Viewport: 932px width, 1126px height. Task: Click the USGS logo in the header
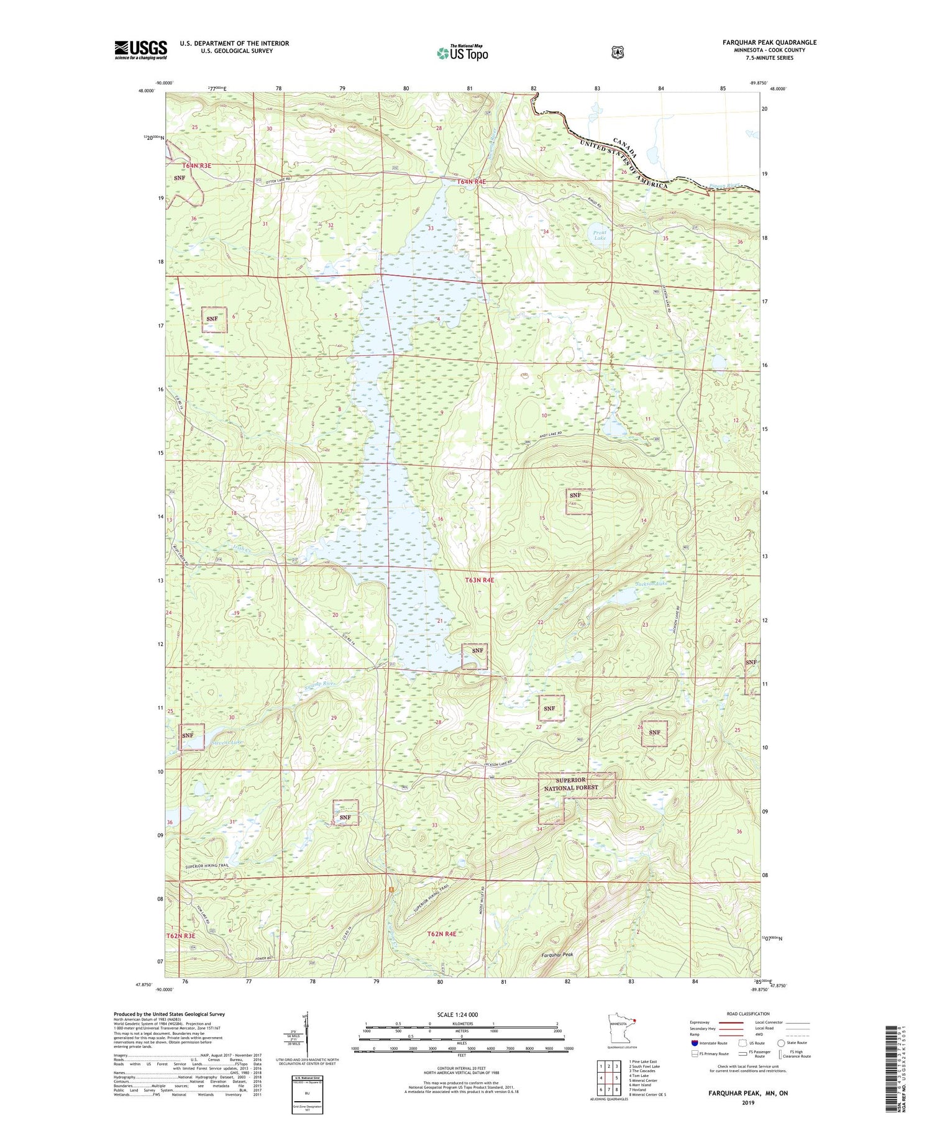[x=140, y=50]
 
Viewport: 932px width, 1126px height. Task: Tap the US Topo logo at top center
[x=462, y=53]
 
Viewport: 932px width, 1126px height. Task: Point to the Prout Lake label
[x=600, y=235]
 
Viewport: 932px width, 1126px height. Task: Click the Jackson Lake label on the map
[x=651, y=584]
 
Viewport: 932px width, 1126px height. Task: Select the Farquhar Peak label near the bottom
[x=557, y=955]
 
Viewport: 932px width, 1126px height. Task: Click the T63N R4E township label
[x=480, y=580]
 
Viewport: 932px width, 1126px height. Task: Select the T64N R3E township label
[x=197, y=166]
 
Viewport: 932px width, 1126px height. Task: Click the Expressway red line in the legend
[x=733, y=1022]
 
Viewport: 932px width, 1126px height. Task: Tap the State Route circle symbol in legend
[x=781, y=1043]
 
